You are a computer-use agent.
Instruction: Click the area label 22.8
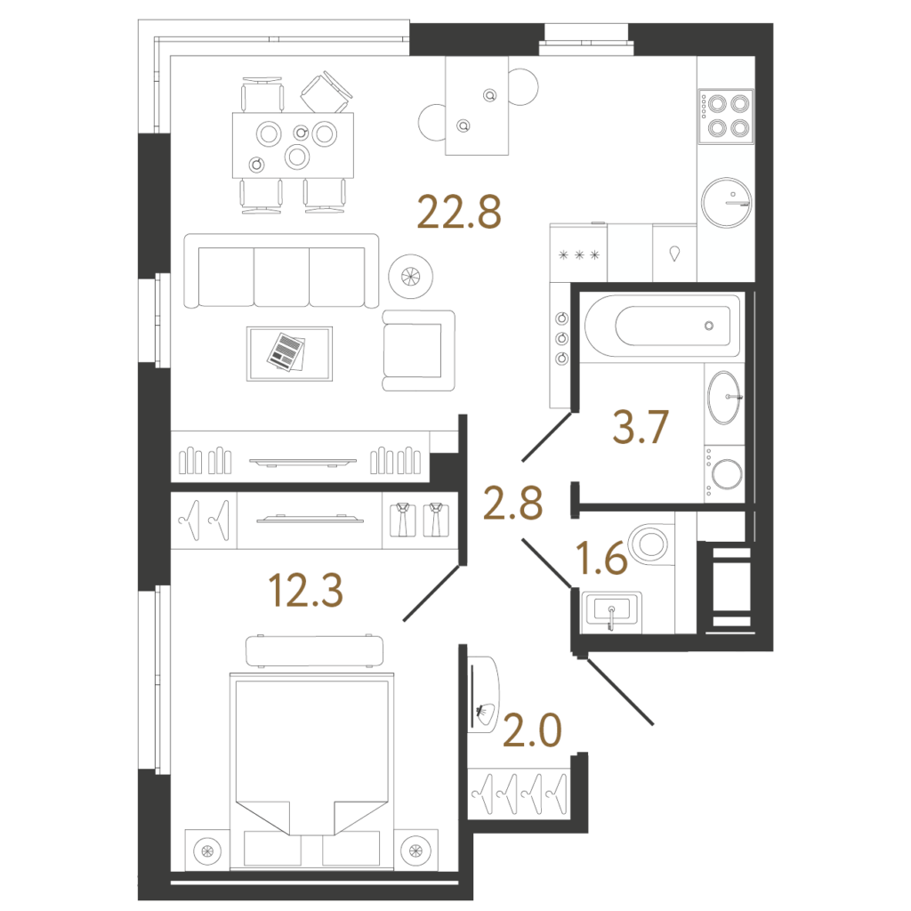click(x=459, y=213)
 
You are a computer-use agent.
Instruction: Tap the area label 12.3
click(x=306, y=591)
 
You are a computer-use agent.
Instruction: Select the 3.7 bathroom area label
click(x=641, y=427)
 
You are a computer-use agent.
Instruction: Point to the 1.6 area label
click(x=601, y=559)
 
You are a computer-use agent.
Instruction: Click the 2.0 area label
click(x=532, y=730)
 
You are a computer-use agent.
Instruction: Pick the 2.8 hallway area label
click(x=513, y=504)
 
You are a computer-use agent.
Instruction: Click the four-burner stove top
click(x=726, y=117)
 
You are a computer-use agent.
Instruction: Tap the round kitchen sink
click(x=726, y=202)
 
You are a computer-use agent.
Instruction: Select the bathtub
click(x=662, y=326)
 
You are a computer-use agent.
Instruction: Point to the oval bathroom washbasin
click(x=724, y=398)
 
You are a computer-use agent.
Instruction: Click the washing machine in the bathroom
click(x=724, y=473)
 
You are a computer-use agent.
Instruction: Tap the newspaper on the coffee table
click(x=286, y=352)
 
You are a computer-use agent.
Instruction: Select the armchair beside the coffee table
click(x=418, y=351)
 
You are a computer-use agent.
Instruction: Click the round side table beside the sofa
click(x=411, y=277)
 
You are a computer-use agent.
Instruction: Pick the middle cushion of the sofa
click(x=282, y=277)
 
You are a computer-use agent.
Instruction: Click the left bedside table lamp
click(x=207, y=851)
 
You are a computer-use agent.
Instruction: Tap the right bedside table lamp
click(x=416, y=851)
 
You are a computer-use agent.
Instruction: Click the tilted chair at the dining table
click(x=327, y=92)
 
